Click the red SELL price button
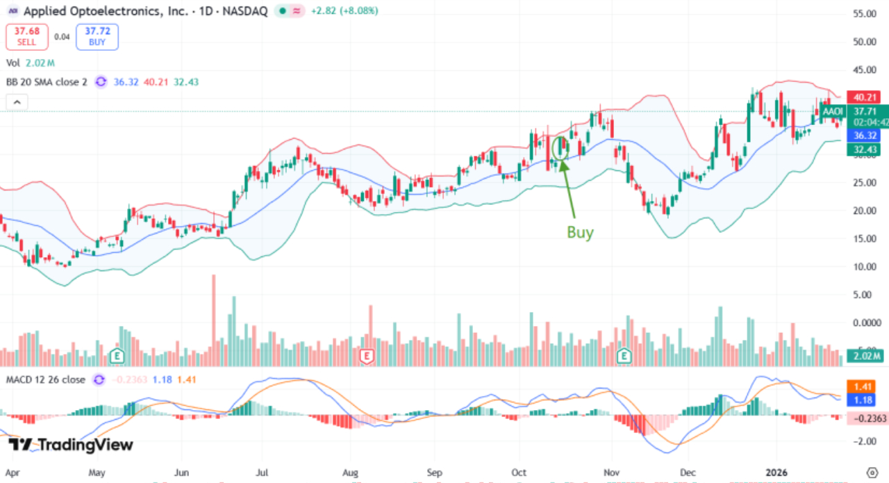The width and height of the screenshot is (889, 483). pyautogui.click(x=27, y=37)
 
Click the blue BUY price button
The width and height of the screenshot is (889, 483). pyautogui.click(x=97, y=37)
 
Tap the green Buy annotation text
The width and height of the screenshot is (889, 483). pyautogui.click(x=580, y=233)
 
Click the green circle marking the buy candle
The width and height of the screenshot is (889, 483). pyautogui.click(x=560, y=147)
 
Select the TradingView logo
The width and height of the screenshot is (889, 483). pyautogui.click(x=71, y=445)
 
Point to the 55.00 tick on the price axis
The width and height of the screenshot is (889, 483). pyautogui.click(x=864, y=13)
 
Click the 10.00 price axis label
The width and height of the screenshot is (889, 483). pyautogui.click(x=864, y=266)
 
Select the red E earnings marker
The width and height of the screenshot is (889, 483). pyautogui.click(x=367, y=357)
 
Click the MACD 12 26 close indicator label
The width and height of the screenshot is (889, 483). pyautogui.click(x=46, y=379)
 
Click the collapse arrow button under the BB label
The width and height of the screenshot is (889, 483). pyautogui.click(x=17, y=103)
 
